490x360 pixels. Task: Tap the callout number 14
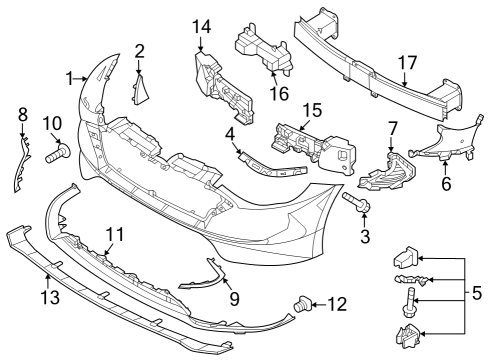(x=203, y=26)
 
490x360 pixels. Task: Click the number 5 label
(x=476, y=295)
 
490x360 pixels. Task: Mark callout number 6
(x=446, y=185)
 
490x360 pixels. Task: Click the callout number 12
(x=336, y=302)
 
